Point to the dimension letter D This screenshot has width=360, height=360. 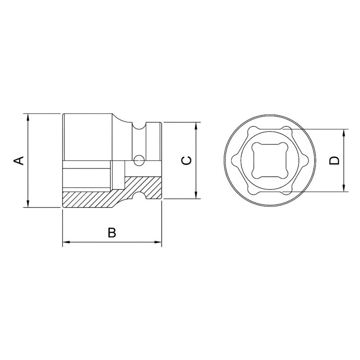333,160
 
